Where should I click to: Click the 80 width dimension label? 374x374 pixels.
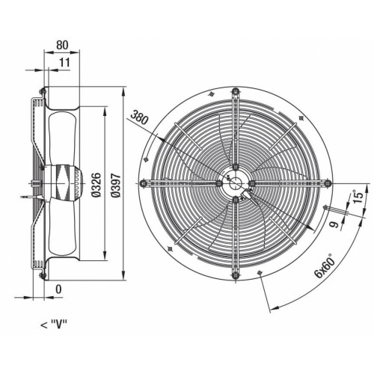(62, 45)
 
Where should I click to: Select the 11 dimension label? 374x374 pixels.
(64, 62)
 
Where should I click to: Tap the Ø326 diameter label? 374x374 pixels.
(96, 185)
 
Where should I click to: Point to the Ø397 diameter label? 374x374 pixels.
(116, 186)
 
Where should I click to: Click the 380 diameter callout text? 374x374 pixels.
(140, 117)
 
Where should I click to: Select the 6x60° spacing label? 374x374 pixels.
(325, 266)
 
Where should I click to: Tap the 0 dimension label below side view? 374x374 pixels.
(58, 289)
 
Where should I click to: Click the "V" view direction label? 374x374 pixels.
(54, 325)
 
